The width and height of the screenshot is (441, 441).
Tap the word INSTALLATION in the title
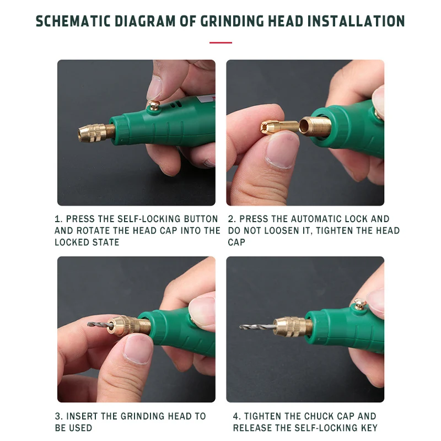click(356, 21)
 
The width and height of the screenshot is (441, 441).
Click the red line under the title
click(220, 42)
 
